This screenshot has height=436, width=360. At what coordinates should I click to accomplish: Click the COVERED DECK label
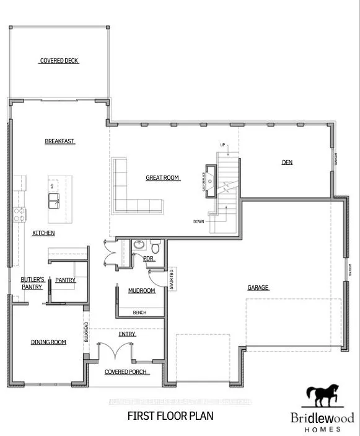click(59, 61)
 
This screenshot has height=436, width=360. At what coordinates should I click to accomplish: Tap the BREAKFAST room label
click(59, 141)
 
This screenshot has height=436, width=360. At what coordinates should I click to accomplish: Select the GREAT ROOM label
click(162, 178)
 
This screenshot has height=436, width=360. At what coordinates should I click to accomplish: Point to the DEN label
click(287, 162)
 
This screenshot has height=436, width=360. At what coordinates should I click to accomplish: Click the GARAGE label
click(257, 288)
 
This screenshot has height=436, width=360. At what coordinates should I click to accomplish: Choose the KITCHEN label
click(43, 233)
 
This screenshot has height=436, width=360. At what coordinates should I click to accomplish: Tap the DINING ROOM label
click(48, 342)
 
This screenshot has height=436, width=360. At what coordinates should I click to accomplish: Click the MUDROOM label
click(141, 290)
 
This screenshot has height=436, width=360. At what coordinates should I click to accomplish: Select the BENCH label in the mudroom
click(139, 313)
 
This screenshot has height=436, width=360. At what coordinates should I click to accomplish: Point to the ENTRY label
click(127, 334)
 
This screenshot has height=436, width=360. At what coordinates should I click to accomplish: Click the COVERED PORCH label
click(126, 372)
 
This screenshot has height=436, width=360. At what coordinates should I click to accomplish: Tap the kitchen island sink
click(54, 198)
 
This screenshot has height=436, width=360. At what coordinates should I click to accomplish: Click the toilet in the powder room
click(155, 248)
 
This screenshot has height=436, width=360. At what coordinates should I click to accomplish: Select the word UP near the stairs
click(222, 146)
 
